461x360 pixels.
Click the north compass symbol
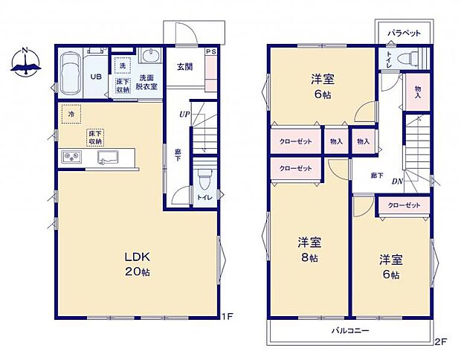25,63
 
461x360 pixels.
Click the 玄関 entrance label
184,66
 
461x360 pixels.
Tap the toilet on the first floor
204,181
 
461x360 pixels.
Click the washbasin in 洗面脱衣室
149,60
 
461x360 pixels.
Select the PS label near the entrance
210,52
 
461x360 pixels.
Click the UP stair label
183,115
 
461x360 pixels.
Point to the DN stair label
398,180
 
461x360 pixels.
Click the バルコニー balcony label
349,330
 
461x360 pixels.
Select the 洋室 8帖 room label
309,249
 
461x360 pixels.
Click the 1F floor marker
228,317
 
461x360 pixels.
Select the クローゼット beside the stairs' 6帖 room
403,205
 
